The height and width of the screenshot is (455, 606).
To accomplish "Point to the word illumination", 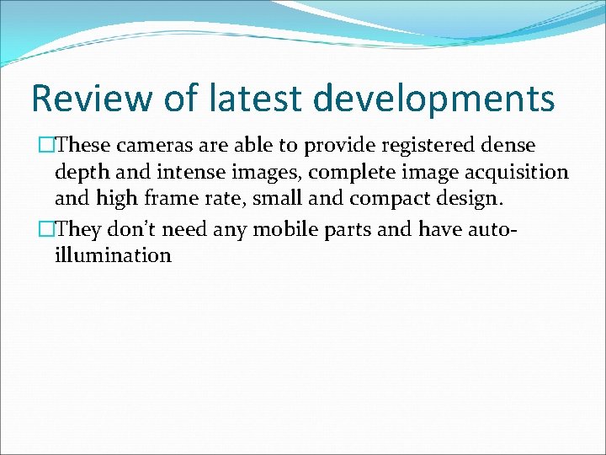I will coord(113,254).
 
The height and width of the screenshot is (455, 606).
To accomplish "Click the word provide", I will coord(338,146).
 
